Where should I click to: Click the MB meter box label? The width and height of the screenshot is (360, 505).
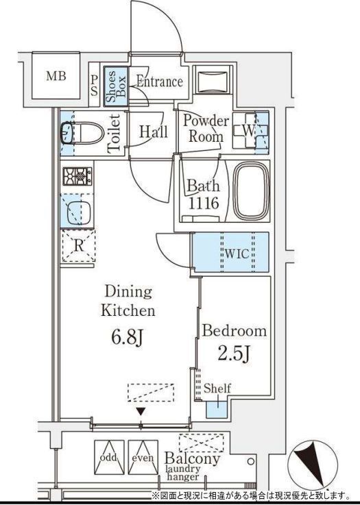56,76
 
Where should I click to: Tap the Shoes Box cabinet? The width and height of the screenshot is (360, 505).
116,86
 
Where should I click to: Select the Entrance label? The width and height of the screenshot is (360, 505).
160,81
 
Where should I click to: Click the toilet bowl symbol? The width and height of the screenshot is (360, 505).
82,133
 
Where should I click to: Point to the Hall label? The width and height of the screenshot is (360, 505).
154,132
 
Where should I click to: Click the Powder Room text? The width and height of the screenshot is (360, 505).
206,128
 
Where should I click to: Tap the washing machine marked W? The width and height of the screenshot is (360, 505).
250,130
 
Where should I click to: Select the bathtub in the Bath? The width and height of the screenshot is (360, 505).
251,190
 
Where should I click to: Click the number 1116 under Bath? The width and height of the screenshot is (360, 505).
204,203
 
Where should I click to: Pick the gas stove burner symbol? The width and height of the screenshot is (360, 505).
77,176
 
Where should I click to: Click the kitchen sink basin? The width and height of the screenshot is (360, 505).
79,213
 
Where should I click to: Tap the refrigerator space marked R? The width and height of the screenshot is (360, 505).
79,246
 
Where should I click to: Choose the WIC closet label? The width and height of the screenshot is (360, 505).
237,254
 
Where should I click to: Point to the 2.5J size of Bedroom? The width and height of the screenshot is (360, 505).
234,354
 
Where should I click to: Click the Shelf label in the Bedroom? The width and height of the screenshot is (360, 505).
217,388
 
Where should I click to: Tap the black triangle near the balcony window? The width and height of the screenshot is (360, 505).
141,412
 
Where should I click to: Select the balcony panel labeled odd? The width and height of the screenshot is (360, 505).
109,457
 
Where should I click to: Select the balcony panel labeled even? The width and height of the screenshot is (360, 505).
143,457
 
